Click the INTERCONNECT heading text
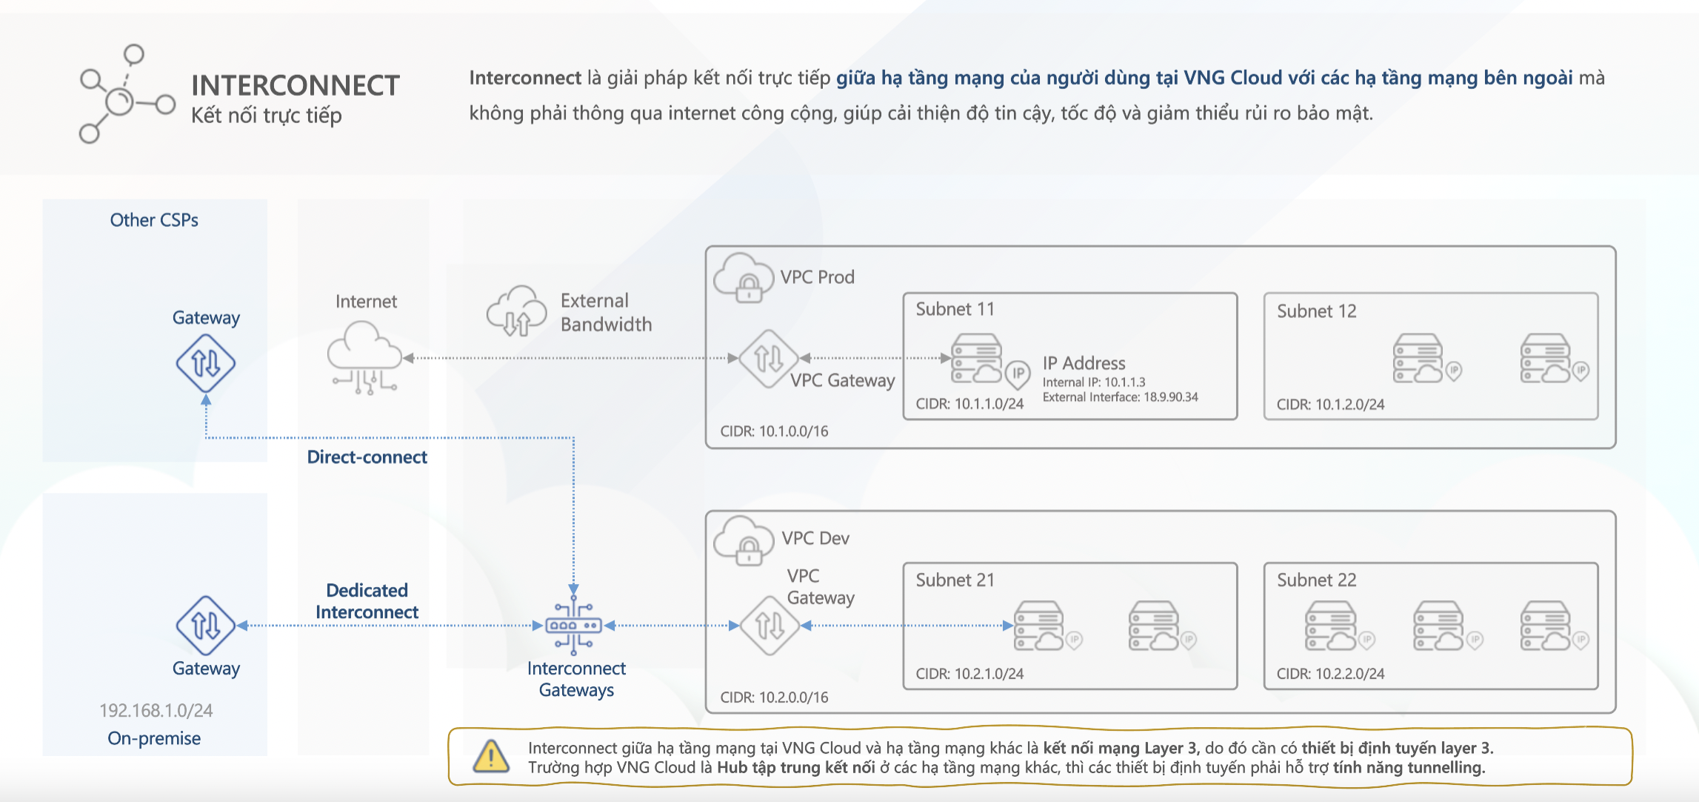295,86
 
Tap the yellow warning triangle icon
490,757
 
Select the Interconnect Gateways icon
574,626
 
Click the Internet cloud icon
364,356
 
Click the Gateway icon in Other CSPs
206,363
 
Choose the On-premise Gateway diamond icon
206,626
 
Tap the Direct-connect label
367,457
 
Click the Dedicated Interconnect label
367,601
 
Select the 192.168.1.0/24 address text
156,711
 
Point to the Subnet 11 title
955,309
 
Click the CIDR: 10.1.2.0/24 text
1330,405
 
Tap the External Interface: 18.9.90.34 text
1120,397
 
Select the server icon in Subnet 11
977,358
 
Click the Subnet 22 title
1316,580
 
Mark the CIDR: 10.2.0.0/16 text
774,697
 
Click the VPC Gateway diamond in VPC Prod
769,359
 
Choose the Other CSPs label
154,220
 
